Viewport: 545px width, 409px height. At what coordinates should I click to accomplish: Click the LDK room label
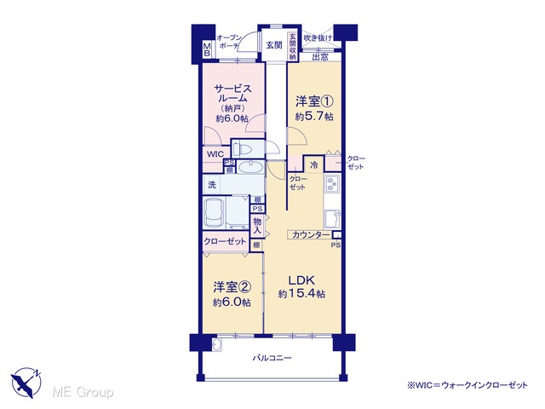click(301, 280)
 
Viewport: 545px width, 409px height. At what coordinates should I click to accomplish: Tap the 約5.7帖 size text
click(314, 117)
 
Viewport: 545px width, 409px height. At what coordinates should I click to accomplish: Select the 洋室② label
click(232, 287)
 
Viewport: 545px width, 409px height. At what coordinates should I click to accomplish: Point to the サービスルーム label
click(232, 93)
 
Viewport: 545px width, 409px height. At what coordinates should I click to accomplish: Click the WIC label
click(215, 154)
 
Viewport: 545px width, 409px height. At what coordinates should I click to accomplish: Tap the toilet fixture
click(243, 150)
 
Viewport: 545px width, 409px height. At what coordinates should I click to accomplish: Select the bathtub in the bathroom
click(214, 213)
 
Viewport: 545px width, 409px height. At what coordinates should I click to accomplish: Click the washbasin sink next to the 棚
click(250, 168)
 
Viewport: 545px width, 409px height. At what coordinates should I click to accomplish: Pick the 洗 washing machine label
click(212, 185)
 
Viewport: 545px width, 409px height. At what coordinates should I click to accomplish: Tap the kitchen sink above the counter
click(332, 219)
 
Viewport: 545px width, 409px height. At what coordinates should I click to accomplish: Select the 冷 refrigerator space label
click(314, 165)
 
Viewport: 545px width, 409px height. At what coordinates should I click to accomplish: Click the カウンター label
click(311, 235)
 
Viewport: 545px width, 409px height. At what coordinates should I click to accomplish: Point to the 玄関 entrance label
click(274, 45)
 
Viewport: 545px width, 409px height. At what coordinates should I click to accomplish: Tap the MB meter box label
click(207, 49)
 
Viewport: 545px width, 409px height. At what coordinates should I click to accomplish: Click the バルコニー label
click(272, 358)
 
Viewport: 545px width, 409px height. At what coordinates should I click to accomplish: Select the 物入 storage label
click(257, 226)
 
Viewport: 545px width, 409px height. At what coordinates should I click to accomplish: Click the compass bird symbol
click(26, 382)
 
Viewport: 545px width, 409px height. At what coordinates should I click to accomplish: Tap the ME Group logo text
click(83, 392)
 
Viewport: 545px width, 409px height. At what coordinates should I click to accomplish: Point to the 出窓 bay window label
click(320, 57)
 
